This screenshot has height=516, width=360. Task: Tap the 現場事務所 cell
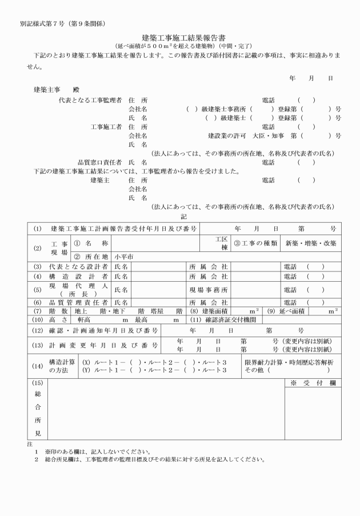tap(208, 290)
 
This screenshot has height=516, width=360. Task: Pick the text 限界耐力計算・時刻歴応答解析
tap(289, 362)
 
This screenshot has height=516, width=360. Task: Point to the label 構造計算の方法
tap(61, 366)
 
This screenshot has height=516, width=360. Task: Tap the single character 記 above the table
tap(183, 217)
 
